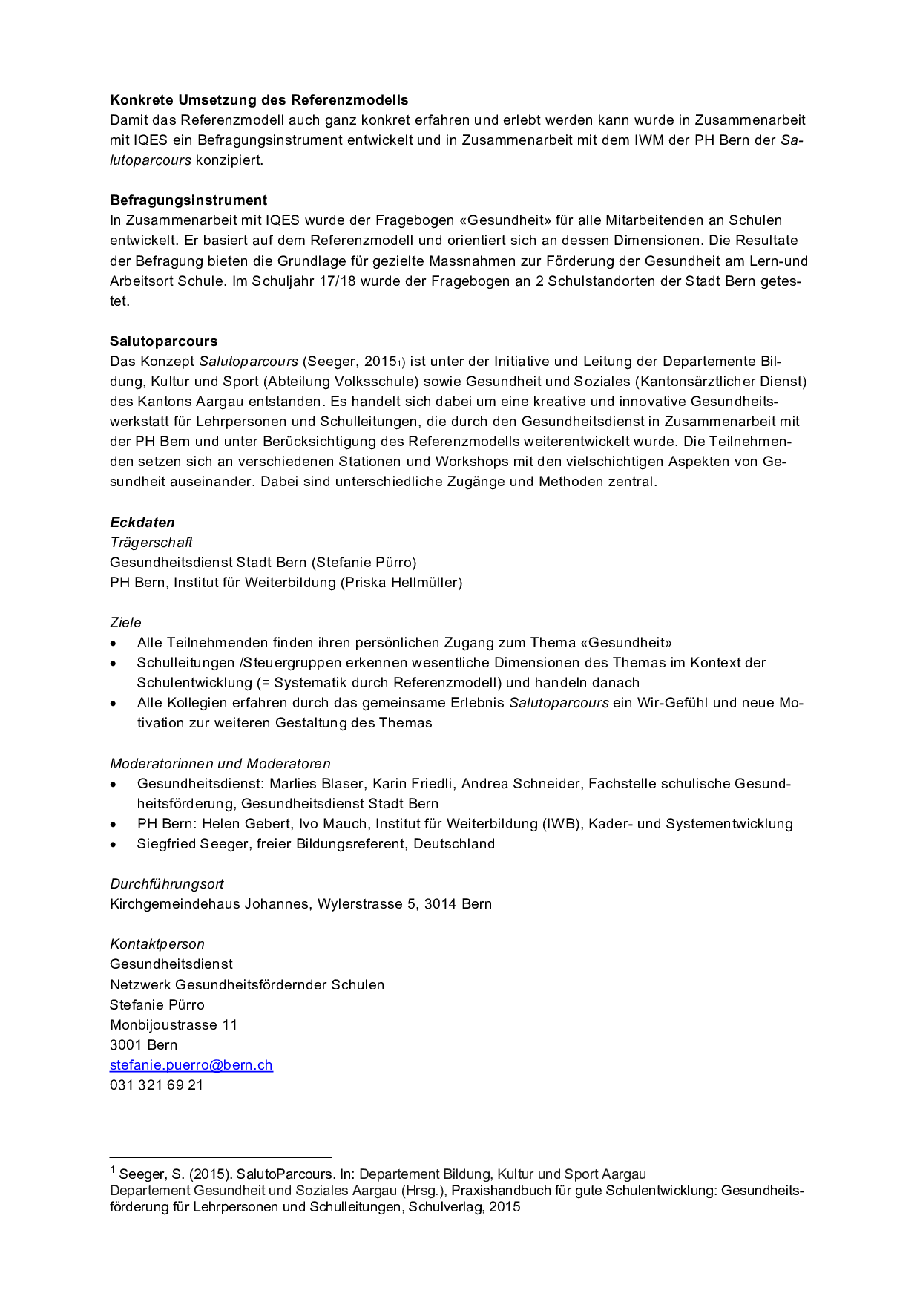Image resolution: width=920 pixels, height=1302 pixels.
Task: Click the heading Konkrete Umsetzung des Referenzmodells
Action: (x=259, y=100)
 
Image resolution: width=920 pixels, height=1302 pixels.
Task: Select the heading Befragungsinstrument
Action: (x=188, y=200)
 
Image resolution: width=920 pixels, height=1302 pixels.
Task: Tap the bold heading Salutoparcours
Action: (x=164, y=341)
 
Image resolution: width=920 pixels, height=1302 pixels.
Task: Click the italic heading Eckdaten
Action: (x=142, y=523)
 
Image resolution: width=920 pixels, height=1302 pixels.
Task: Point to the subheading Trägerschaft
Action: (x=151, y=543)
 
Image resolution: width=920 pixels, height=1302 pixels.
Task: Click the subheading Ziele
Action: (x=125, y=623)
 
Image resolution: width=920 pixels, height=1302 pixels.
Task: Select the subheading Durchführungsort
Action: (x=167, y=884)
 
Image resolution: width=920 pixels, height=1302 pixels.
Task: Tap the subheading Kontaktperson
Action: (x=157, y=944)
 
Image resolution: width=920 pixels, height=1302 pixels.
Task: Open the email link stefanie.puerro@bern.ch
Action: (x=191, y=1065)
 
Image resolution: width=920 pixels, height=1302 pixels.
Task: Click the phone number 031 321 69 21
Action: (x=157, y=1085)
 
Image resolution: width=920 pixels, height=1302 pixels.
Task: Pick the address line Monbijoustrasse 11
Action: (x=174, y=1025)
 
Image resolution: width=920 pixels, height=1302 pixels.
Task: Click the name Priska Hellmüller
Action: (x=401, y=583)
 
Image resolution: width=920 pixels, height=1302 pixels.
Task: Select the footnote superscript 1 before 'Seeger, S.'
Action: (x=113, y=1171)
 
